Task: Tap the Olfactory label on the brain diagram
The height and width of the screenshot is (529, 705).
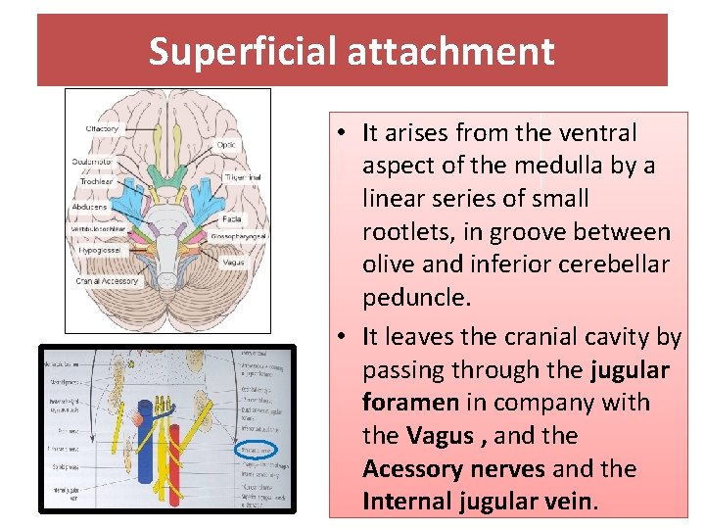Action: coord(102,129)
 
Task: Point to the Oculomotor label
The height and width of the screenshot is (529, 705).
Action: coord(93,162)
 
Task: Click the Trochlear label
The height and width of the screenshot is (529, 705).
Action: coord(96,181)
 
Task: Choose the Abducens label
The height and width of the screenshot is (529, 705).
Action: coord(90,207)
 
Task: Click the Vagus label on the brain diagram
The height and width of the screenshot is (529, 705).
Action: coord(234,263)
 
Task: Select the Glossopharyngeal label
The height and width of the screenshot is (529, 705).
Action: coord(240,236)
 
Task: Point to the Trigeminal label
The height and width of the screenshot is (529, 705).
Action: coord(243,177)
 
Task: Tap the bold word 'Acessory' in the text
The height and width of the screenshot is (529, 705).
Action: coord(411,469)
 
